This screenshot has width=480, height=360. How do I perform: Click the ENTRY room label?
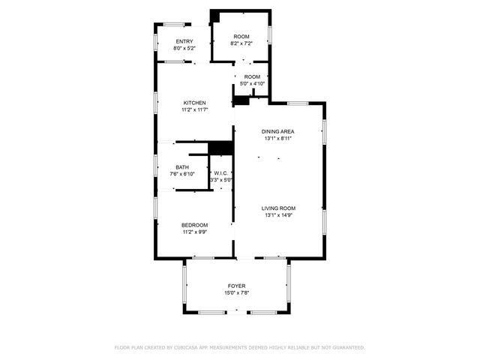click(184, 41)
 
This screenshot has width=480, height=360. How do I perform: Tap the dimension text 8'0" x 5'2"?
click(184, 49)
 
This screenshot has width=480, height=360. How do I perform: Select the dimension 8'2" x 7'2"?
click(241, 43)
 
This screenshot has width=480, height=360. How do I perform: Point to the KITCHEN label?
click(195, 103)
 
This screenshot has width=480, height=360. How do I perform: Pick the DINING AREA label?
click(277, 131)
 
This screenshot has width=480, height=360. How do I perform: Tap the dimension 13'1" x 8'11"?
click(277, 139)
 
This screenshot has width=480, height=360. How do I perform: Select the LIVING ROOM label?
click(278, 208)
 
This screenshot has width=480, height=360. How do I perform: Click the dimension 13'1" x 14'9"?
click(278, 216)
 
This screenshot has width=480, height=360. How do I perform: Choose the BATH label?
click(182, 167)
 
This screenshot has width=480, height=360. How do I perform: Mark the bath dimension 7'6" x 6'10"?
click(182, 174)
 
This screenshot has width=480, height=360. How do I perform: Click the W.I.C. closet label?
click(220, 173)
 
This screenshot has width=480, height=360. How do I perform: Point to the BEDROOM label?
click(194, 225)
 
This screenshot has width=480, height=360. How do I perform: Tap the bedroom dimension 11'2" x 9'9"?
click(194, 232)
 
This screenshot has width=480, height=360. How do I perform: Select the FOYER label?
click(237, 286)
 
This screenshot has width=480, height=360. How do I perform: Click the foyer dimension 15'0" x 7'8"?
click(237, 292)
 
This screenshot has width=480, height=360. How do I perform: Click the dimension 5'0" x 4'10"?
click(252, 83)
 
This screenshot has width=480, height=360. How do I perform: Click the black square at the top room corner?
click(214, 16)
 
